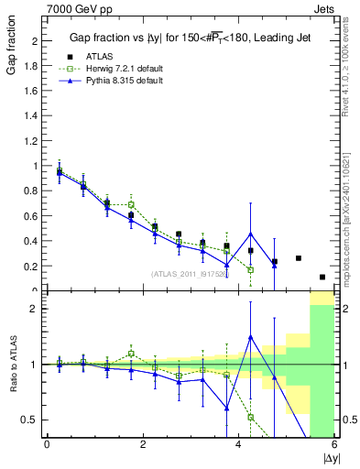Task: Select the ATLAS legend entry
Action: click(x=101, y=56)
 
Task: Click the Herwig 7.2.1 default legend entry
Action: click(x=125, y=69)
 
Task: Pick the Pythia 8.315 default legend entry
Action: click(x=123, y=82)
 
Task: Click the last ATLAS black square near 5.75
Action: click(x=322, y=277)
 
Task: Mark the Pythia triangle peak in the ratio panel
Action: click(x=251, y=337)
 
